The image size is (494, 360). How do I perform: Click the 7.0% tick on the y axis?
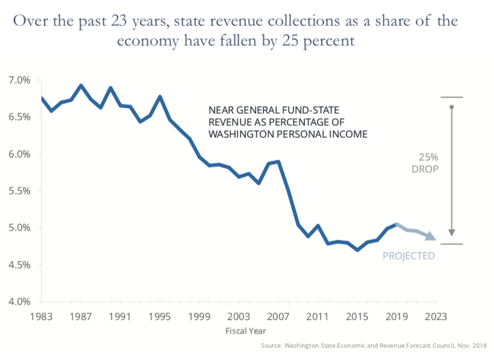pos(19,80)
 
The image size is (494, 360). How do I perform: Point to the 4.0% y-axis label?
pos(19,302)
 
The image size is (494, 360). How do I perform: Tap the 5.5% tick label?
pos(19,191)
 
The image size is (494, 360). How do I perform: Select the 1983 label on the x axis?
pos(42,315)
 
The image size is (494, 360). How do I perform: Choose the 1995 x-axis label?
pos(160,315)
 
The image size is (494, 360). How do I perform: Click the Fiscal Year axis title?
pos(245,331)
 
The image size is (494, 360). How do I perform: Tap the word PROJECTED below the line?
pos(408,256)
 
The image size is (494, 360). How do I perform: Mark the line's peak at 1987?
pos(81,85)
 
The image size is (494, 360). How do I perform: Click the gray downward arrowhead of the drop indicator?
pos(452,234)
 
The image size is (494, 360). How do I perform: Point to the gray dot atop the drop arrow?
pos(452,107)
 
